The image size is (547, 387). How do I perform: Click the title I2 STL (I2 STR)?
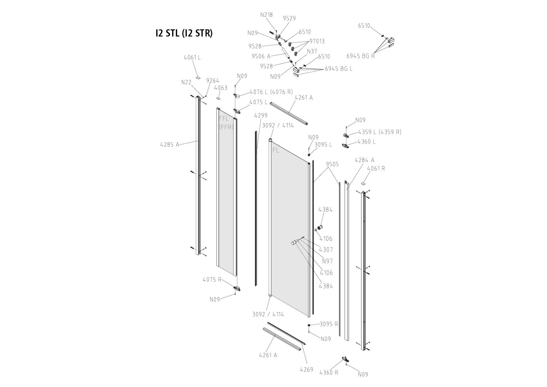[x=184, y=33]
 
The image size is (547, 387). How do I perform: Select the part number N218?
[x=266, y=15]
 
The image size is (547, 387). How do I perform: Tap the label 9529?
[x=289, y=18]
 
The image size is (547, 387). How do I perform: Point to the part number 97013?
[x=317, y=41]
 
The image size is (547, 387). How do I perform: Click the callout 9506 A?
[x=261, y=56]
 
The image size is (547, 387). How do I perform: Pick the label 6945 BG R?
[x=360, y=56]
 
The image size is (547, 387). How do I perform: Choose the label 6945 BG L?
[x=338, y=69]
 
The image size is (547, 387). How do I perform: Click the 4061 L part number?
[x=192, y=57]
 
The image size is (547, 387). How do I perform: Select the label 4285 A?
[x=170, y=144]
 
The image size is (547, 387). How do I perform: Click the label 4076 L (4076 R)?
[x=271, y=92]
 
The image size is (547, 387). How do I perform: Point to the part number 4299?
[x=261, y=116]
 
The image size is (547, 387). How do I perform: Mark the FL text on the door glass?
[x=276, y=150]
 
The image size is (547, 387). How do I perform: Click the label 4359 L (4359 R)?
[x=379, y=132]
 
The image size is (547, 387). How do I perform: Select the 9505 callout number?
[x=332, y=164]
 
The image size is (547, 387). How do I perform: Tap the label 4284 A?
[x=364, y=160]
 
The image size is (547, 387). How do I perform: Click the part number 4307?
[x=326, y=250]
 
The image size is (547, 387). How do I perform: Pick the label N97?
[x=327, y=261]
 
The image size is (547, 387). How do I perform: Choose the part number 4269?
[x=307, y=369]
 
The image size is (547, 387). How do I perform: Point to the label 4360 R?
[x=329, y=372]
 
